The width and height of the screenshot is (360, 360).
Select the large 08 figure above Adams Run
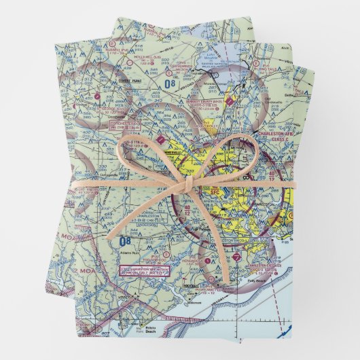(124, 240)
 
